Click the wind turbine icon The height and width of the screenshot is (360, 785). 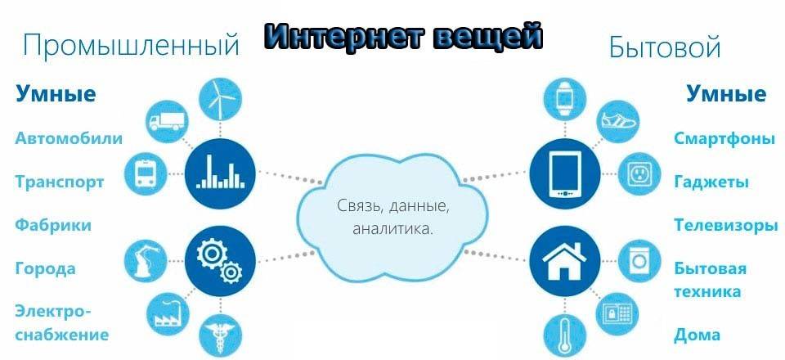click(x=220, y=99)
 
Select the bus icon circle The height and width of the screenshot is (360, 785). click(x=145, y=173)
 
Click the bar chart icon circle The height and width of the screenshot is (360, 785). click(x=220, y=173)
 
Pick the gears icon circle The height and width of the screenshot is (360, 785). click(x=220, y=261)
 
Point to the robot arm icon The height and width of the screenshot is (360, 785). click(x=146, y=261)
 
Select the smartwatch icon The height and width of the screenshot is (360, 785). click(x=565, y=99)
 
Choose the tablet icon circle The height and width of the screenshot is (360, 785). click(x=565, y=173)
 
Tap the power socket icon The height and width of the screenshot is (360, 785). click(x=639, y=173)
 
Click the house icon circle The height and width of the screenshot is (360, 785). click(x=565, y=261)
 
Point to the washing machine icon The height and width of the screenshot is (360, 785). click(x=639, y=261)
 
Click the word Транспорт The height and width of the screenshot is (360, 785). click(x=60, y=182)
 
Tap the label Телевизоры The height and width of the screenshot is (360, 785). click(x=726, y=225)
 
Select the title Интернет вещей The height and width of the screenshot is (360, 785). click(x=403, y=36)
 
